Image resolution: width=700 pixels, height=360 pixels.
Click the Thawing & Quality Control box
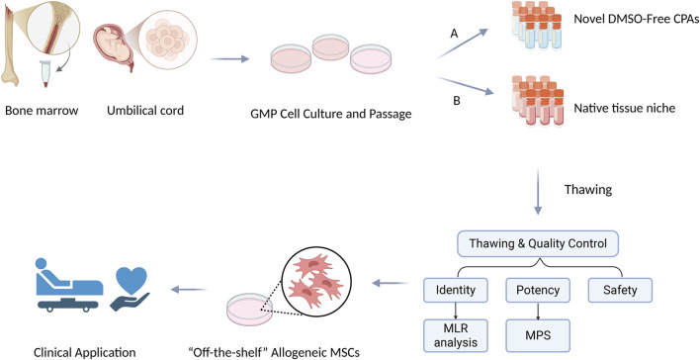click(x=538, y=243)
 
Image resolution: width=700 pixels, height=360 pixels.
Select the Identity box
click(x=456, y=290)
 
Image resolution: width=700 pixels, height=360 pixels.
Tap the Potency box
click(x=538, y=290)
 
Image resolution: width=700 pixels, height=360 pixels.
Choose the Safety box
click(x=620, y=290)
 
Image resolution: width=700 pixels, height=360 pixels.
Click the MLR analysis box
click(x=456, y=336)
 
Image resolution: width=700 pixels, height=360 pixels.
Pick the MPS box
click(x=538, y=336)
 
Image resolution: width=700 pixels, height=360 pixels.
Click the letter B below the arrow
click(x=457, y=101)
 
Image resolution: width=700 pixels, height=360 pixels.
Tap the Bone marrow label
click(x=42, y=111)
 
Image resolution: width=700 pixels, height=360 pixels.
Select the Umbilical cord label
click(x=145, y=111)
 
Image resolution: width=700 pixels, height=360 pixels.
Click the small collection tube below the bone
click(x=46, y=73)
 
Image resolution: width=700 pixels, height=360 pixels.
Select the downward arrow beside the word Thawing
click(x=538, y=191)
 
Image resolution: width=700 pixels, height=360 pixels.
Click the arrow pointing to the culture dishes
click(x=229, y=58)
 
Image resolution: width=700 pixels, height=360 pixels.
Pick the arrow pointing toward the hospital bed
click(x=189, y=290)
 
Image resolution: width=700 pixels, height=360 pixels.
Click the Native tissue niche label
click(x=624, y=108)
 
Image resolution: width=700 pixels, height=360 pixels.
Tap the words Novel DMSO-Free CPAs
click(x=636, y=19)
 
